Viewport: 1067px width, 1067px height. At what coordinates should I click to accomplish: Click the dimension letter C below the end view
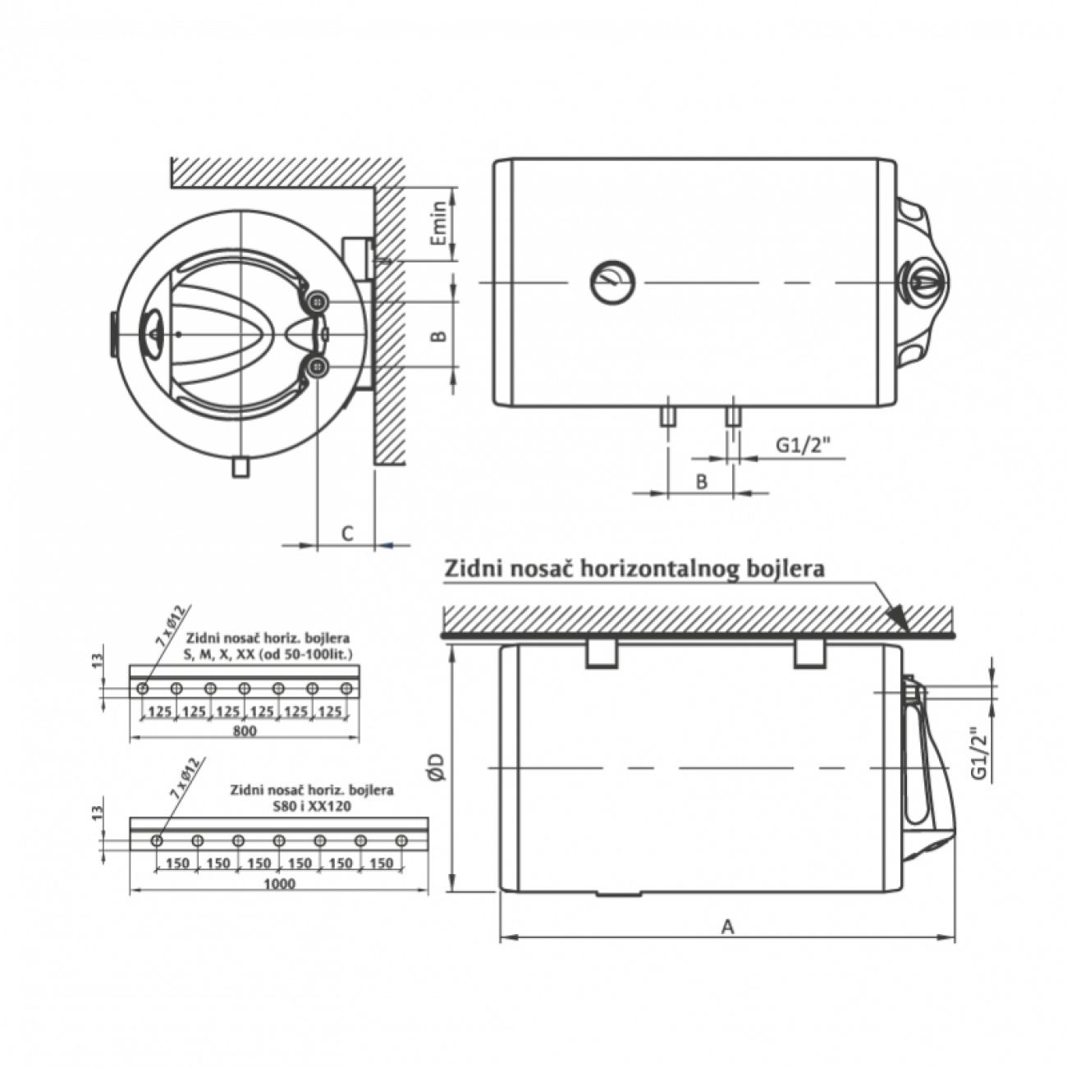[x=347, y=533]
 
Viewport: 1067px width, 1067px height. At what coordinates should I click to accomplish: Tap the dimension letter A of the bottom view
[x=727, y=927]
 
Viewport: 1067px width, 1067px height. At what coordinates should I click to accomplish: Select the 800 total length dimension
[x=245, y=730]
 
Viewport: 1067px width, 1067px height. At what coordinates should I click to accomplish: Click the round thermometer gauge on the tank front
[x=611, y=282]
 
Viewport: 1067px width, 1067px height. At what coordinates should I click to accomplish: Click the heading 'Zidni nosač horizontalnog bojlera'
[x=634, y=569]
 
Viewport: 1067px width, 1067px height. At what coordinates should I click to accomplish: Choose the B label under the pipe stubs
[x=701, y=482]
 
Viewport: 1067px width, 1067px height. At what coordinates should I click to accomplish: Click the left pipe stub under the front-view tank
[x=667, y=416]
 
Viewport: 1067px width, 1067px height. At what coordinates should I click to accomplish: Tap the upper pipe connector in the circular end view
[x=318, y=303]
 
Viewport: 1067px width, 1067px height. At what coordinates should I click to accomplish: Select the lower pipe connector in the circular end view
[x=318, y=367]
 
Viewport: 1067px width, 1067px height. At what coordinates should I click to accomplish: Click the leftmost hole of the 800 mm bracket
[x=143, y=688]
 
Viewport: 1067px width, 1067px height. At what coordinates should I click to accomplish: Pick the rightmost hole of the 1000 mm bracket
[x=401, y=840]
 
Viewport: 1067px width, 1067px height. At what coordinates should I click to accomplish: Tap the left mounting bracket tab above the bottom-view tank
[x=602, y=653]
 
